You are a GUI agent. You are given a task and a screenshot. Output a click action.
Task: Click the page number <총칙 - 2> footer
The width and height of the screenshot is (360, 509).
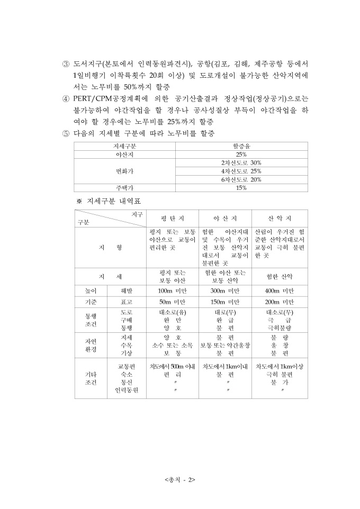180,480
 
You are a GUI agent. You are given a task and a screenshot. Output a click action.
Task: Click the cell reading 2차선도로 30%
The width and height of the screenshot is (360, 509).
241,162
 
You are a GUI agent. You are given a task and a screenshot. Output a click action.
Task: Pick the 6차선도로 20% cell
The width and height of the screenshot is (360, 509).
241,179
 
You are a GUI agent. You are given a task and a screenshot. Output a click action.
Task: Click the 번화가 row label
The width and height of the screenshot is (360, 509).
125,171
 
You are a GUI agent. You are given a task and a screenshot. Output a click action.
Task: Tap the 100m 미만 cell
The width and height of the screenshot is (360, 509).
172,291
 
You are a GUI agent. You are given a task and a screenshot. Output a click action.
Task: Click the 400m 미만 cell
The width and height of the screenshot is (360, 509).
280,291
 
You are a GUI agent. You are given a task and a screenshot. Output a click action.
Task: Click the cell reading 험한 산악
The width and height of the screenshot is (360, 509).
280,276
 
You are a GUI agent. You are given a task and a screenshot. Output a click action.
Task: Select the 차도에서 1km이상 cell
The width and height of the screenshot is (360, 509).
280,366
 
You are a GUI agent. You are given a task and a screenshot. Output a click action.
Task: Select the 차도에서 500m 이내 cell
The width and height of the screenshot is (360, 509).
173,366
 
